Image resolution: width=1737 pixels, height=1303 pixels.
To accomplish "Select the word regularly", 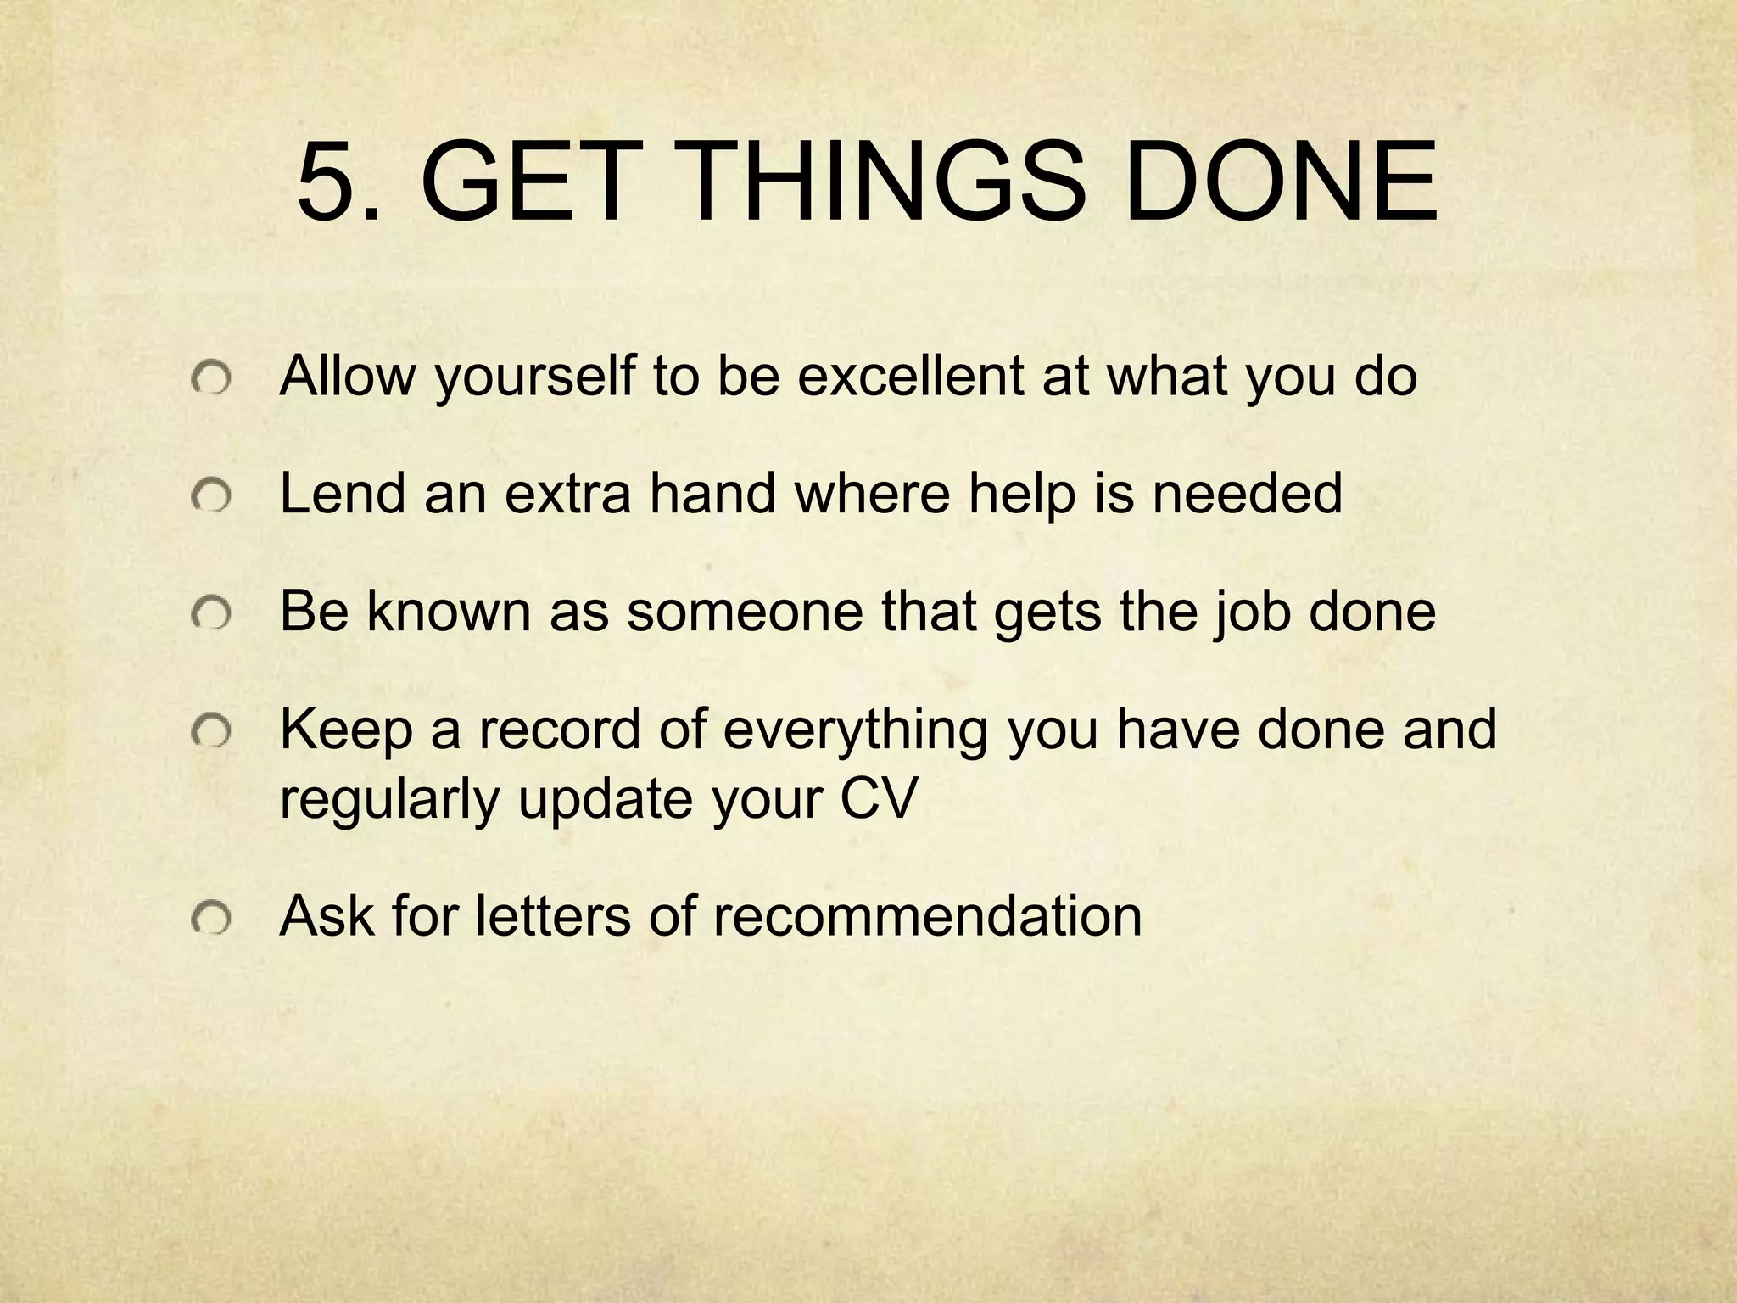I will pyautogui.click(x=389, y=800).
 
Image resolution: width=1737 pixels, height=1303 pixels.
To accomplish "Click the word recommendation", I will pyautogui.click(x=927, y=915).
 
